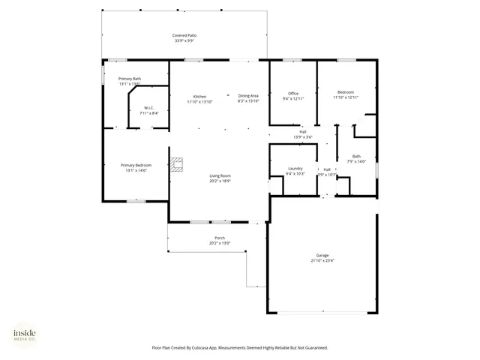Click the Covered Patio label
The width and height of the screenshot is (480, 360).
[184, 35]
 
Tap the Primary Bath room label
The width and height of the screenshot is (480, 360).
[130, 78]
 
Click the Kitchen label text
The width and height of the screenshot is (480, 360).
[199, 96]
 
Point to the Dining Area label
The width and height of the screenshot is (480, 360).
[248, 96]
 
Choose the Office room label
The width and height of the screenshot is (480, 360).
[293, 93]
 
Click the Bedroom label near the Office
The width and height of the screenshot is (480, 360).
[345, 92]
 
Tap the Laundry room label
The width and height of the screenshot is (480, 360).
[295, 169]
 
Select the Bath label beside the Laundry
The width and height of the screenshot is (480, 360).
[356, 156]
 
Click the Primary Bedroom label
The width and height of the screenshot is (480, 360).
[136, 165]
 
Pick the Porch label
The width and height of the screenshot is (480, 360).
[220, 238]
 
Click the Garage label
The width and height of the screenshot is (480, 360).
[322, 255]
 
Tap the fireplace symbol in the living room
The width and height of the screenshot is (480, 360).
[176, 165]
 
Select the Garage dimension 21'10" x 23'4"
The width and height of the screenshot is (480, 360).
[322, 261]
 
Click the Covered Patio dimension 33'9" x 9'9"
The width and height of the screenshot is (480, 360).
[184, 41]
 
